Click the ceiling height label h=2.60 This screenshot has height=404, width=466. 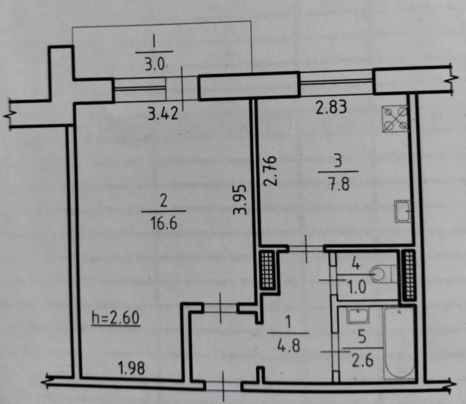(116, 318)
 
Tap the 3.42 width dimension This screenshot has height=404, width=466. (163, 113)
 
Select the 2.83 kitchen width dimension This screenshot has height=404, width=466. (332, 107)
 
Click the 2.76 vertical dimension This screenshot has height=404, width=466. (269, 171)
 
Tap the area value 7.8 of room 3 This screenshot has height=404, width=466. (338, 184)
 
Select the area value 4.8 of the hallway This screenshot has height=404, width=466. (289, 346)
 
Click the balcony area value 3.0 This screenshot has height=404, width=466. (155, 64)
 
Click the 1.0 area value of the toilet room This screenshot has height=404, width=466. (356, 288)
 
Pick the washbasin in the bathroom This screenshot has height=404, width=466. (358, 316)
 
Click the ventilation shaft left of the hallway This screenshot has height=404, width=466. (267, 270)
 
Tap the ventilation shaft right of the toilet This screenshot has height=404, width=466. (408, 275)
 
